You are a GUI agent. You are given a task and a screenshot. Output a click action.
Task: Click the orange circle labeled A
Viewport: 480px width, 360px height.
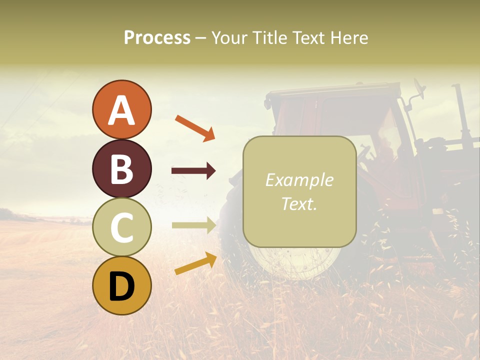click(x=121, y=109)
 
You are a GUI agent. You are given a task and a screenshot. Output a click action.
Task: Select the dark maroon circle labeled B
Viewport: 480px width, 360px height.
click(x=121, y=168)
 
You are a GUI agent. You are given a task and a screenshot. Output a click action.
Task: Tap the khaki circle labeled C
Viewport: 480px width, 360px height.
click(x=121, y=227)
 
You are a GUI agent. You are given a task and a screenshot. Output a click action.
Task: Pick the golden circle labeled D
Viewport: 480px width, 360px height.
click(x=121, y=285)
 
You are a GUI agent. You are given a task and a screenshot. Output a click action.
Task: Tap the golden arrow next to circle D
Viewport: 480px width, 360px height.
click(x=195, y=263)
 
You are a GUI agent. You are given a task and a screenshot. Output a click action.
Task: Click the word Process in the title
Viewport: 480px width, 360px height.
click(x=157, y=37)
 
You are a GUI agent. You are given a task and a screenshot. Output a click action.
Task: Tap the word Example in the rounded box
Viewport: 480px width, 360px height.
click(x=299, y=180)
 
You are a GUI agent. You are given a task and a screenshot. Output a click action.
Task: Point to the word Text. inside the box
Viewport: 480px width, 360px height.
click(x=299, y=203)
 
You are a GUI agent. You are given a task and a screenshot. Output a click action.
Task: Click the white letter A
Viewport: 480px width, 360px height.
click(x=121, y=110)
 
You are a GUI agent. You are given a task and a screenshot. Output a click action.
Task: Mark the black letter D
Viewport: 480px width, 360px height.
click(x=121, y=286)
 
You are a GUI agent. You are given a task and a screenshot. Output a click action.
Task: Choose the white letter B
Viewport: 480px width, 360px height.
click(x=121, y=169)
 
